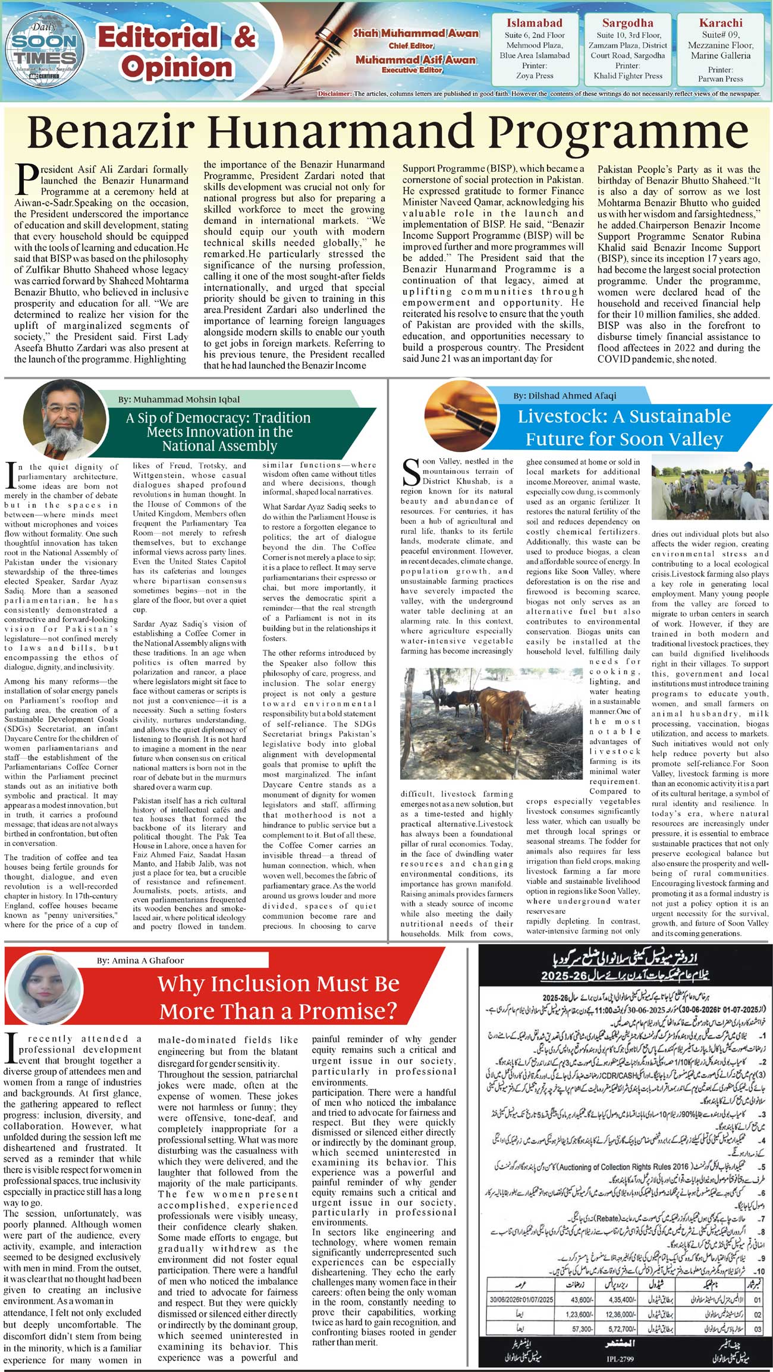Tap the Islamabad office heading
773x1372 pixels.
534,23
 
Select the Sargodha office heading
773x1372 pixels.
627,23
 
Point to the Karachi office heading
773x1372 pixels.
721,23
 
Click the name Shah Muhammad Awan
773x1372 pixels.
416,33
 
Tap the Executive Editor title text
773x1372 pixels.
416,70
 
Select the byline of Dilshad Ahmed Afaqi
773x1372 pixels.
565,395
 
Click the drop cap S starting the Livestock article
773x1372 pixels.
411,473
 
